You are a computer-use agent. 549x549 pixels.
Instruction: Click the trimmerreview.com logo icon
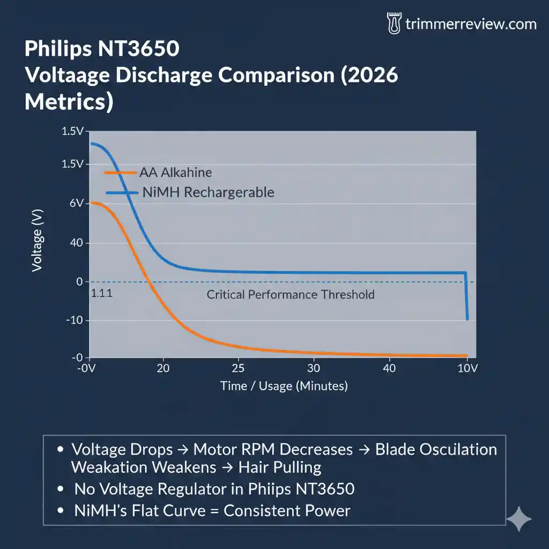394,24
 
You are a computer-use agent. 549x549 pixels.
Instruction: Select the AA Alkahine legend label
175,173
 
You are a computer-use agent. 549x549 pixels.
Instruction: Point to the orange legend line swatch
121,173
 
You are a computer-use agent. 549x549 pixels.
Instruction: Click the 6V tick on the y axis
77,204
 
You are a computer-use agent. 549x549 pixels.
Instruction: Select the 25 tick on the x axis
238,368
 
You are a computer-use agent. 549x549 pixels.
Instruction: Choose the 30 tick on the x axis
314,368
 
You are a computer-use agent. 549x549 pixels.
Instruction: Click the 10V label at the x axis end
468,368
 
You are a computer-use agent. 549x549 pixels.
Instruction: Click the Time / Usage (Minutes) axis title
284,386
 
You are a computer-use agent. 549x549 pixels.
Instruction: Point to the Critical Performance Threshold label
290,294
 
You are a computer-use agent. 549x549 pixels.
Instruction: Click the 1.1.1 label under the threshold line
102,294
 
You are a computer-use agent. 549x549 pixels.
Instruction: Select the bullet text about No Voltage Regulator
214,489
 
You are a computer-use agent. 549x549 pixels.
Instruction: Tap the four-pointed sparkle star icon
519,519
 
